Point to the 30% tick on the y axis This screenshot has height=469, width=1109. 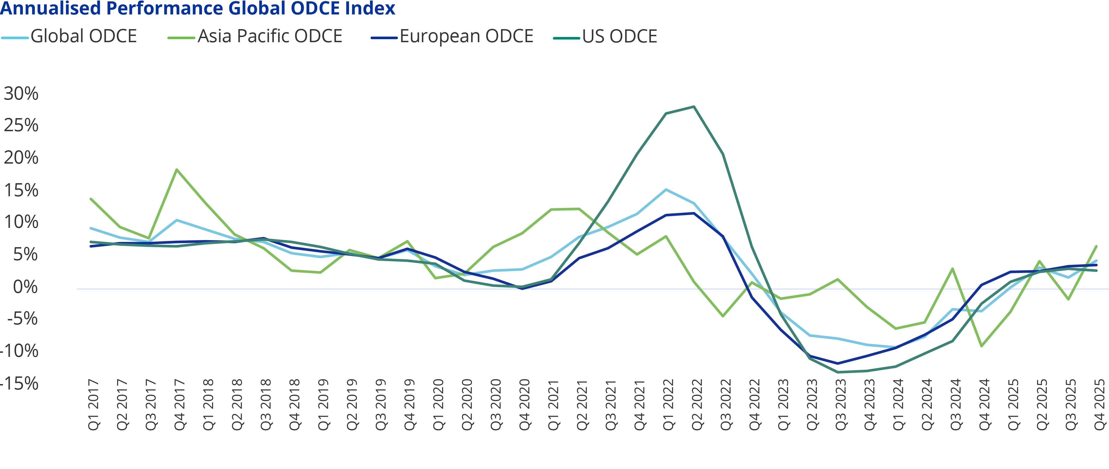(21, 93)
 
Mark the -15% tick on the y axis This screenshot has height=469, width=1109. (19, 383)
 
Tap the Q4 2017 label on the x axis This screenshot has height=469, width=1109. (179, 404)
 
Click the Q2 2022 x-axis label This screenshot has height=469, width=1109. (697, 404)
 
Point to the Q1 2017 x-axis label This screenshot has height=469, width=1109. (93, 404)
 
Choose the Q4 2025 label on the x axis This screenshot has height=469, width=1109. (1099, 404)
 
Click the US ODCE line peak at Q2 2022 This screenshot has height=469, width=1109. (694, 106)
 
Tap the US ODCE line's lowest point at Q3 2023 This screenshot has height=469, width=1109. (838, 372)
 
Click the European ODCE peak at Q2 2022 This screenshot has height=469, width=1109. (694, 213)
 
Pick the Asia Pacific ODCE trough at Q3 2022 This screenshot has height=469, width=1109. (723, 316)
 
